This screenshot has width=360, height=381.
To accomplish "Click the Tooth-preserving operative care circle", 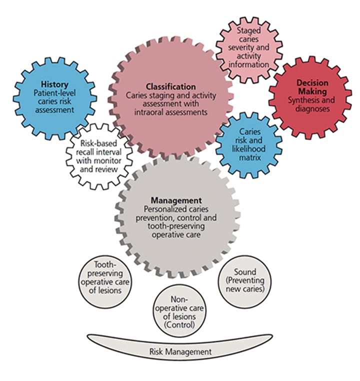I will [x=107, y=276].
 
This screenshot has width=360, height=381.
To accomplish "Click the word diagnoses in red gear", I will [x=311, y=108].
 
